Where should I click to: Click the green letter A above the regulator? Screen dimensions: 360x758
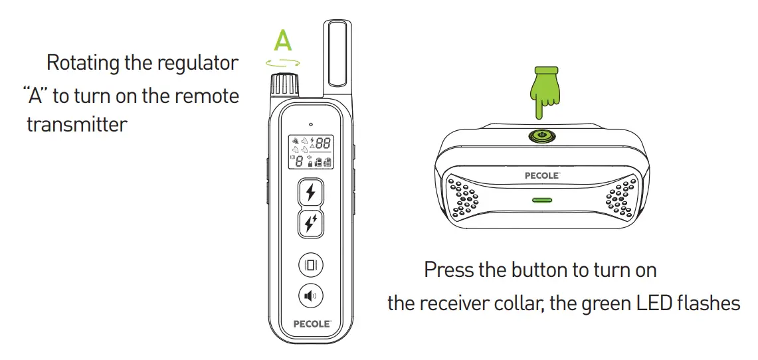283,41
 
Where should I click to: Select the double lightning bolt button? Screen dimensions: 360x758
310,224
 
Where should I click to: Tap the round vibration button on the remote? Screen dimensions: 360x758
310,264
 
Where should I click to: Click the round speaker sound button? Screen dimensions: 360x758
310,296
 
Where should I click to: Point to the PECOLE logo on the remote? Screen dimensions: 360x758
311,325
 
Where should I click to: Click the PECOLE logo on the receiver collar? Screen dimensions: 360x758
543,176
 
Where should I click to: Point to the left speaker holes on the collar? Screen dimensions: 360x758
464,198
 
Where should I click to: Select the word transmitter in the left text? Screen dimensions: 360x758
76,124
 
